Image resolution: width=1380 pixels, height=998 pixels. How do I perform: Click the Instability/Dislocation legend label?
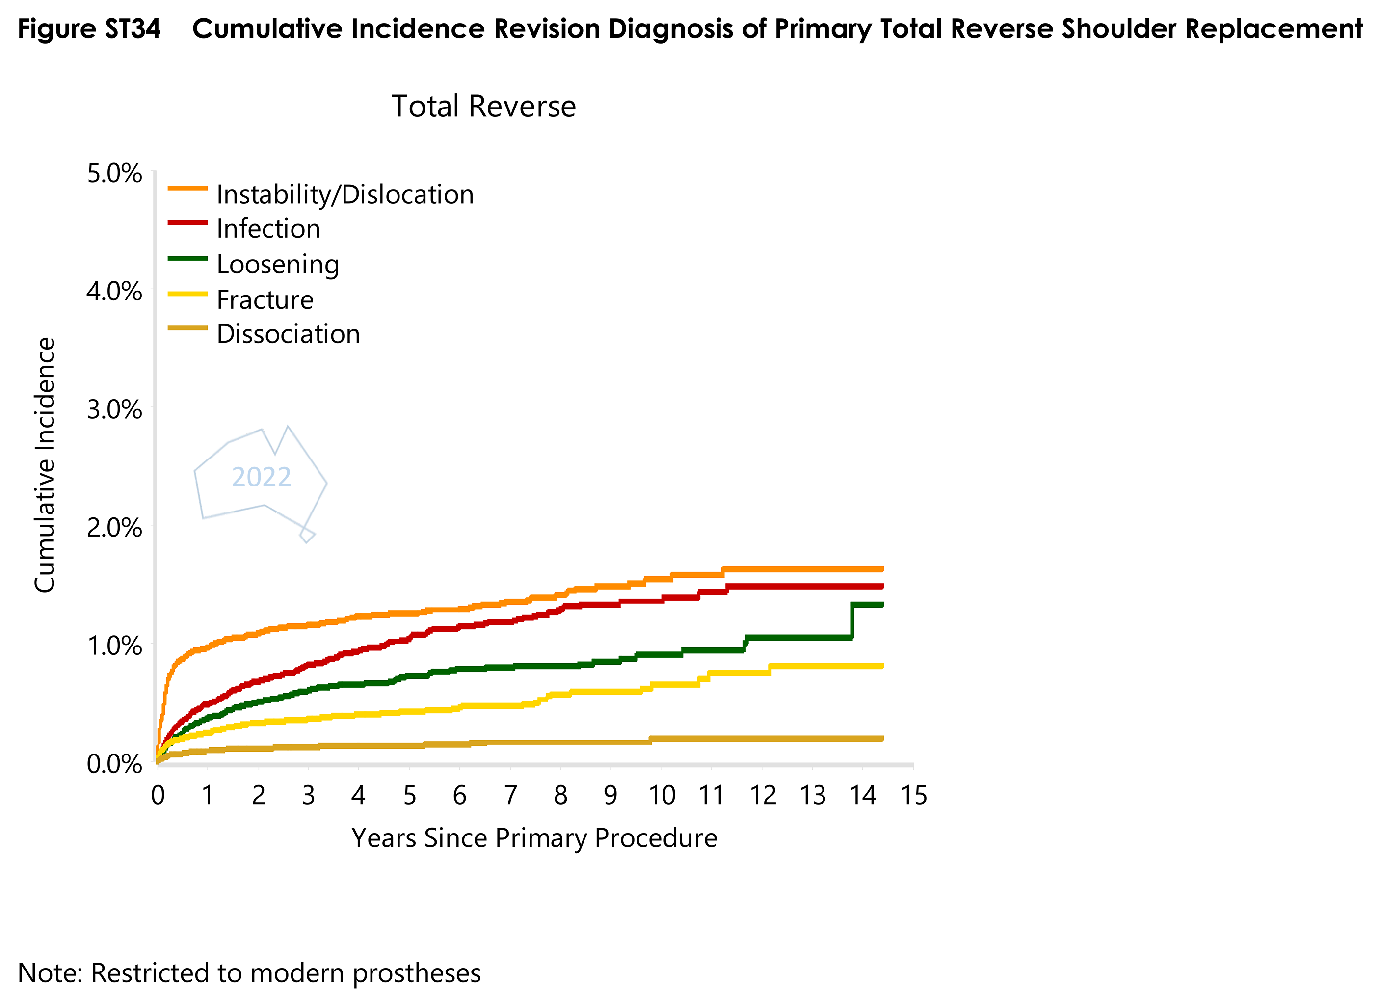coord(345,195)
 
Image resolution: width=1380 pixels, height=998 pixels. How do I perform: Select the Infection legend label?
coord(268,229)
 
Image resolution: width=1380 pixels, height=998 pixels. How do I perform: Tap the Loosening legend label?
coord(277,264)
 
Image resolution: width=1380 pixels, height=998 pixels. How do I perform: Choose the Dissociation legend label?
coord(289,334)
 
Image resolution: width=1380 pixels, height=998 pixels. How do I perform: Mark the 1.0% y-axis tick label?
coord(114,646)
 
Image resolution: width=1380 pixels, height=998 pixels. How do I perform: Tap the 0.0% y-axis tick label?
coord(114,764)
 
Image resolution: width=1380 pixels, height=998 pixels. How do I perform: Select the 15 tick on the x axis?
coord(913,795)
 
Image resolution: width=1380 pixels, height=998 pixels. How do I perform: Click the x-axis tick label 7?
coord(510,795)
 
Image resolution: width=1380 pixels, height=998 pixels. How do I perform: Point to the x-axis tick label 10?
coord(662,795)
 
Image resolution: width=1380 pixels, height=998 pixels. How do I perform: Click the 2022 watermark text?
coord(262,477)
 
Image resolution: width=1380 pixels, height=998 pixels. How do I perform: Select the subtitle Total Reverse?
coord(483,107)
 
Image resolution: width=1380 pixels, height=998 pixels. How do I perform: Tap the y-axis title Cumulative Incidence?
coord(45,465)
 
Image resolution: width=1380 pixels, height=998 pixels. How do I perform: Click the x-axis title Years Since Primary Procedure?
coord(534,838)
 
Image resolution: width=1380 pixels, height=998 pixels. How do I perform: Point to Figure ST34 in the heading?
coord(89,28)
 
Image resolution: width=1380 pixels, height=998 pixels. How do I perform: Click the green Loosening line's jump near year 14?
coord(852,620)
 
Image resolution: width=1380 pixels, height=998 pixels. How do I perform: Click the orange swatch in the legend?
coord(187,189)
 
